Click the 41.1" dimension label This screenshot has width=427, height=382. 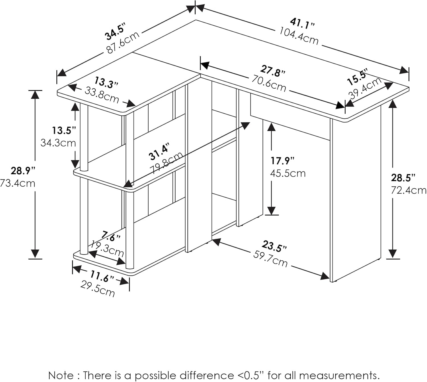[x=302, y=23]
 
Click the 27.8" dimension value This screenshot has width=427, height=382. [x=273, y=71]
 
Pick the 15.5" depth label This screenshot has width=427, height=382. [x=358, y=77]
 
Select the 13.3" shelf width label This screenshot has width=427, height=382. [x=106, y=83]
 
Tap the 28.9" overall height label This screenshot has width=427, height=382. [x=23, y=171]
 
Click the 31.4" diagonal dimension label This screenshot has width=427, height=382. [x=159, y=153]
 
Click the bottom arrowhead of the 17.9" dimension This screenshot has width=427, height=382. [x=272, y=211]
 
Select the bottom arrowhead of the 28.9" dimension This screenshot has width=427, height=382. [x=35, y=254]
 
